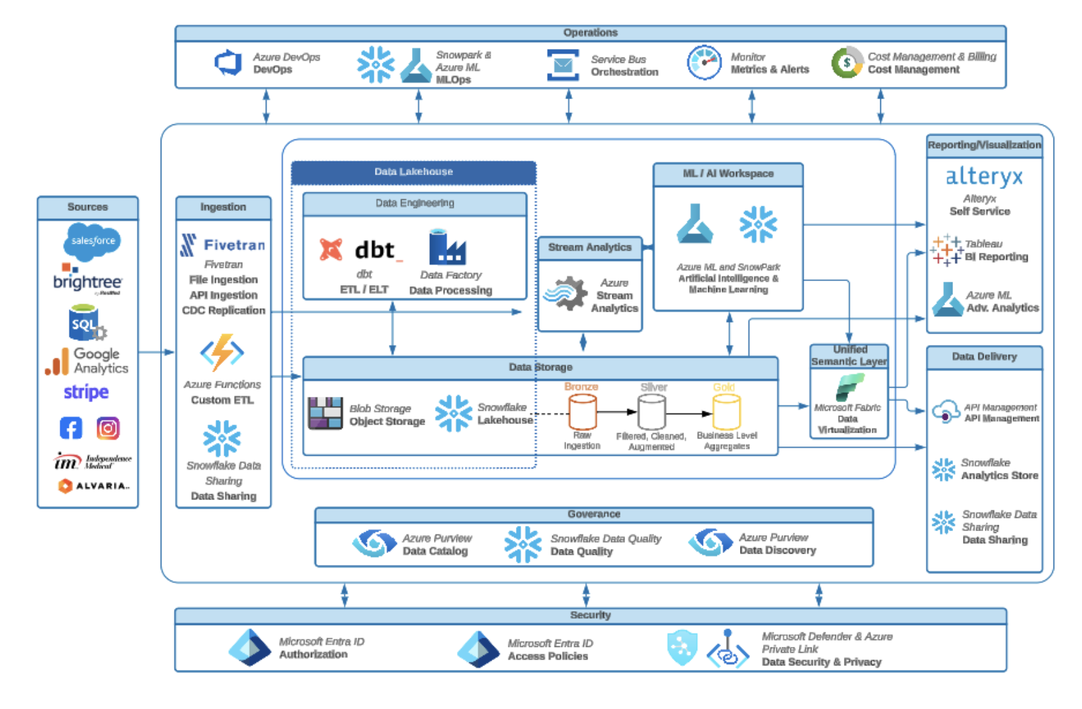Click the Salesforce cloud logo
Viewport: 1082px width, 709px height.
pyautogui.click(x=93, y=241)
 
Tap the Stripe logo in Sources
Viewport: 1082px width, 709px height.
pyautogui.click(x=86, y=392)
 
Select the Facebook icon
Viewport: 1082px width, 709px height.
pyautogui.click(x=71, y=429)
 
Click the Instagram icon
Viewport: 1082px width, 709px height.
pyautogui.click(x=108, y=429)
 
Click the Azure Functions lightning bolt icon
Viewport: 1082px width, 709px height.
pyautogui.click(x=222, y=353)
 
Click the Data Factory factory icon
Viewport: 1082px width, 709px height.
pyautogui.click(x=447, y=247)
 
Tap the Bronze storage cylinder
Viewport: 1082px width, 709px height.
pyautogui.click(x=583, y=411)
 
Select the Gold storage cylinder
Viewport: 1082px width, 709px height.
pyautogui.click(x=726, y=411)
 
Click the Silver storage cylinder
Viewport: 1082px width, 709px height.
pyautogui.click(x=651, y=411)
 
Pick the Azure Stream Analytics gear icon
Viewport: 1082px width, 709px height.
pyautogui.click(x=565, y=294)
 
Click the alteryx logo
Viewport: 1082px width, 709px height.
pyautogui.click(x=983, y=177)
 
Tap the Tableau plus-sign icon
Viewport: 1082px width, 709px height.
pyautogui.click(x=946, y=250)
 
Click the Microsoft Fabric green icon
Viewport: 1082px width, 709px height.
pyautogui.click(x=849, y=387)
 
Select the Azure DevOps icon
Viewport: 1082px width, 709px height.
pyautogui.click(x=229, y=63)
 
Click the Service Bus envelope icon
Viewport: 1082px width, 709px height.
pyautogui.click(x=563, y=65)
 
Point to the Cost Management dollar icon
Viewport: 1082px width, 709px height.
pyautogui.click(x=847, y=63)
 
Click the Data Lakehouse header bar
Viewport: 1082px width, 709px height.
pyautogui.click(x=413, y=172)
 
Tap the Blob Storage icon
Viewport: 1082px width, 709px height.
pyautogui.click(x=325, y=413)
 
